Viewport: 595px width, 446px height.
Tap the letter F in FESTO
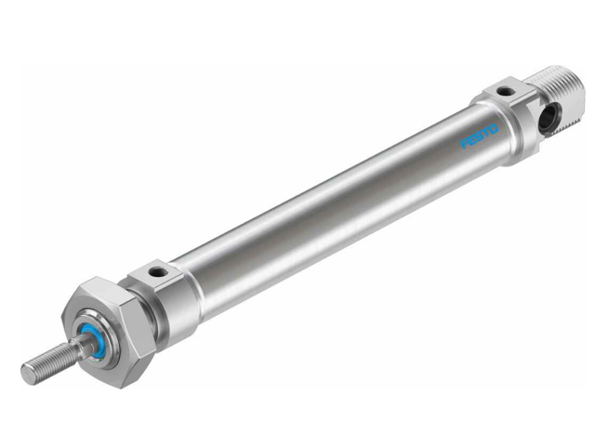(467, 144)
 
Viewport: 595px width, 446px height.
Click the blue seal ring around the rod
(91, 331)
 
